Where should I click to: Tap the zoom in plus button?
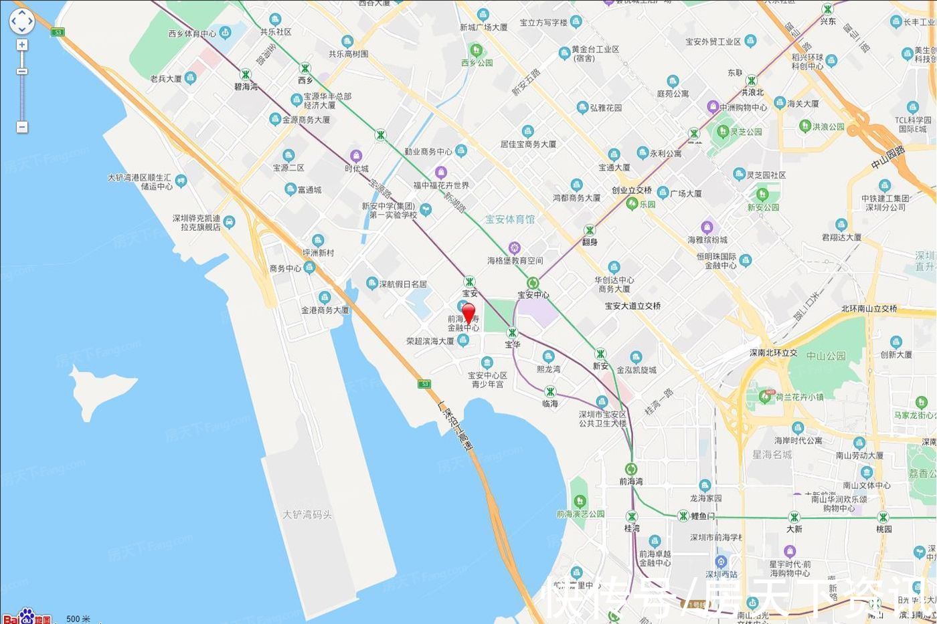(22, 45)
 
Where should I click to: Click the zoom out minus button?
(22, 126)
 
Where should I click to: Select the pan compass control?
(21, 21)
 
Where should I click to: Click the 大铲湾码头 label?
(307, 515)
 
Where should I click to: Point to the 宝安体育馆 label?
(510, 219)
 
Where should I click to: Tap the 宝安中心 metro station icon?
(533, 283)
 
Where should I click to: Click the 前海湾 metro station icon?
(630, 469)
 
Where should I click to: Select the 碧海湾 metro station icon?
(246, 75)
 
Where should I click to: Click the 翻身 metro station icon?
(590, 230)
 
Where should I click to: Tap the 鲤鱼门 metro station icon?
(683, 516)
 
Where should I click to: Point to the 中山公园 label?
(827, 356)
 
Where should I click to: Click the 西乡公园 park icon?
(477, 50)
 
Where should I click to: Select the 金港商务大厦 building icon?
(325, 298)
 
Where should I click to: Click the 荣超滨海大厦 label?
(430, 341)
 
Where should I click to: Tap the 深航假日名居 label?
(403, 284)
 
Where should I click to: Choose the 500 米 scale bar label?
(78, 619)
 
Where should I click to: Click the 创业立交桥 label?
(632, 191)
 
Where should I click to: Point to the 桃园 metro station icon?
(883, 516)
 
